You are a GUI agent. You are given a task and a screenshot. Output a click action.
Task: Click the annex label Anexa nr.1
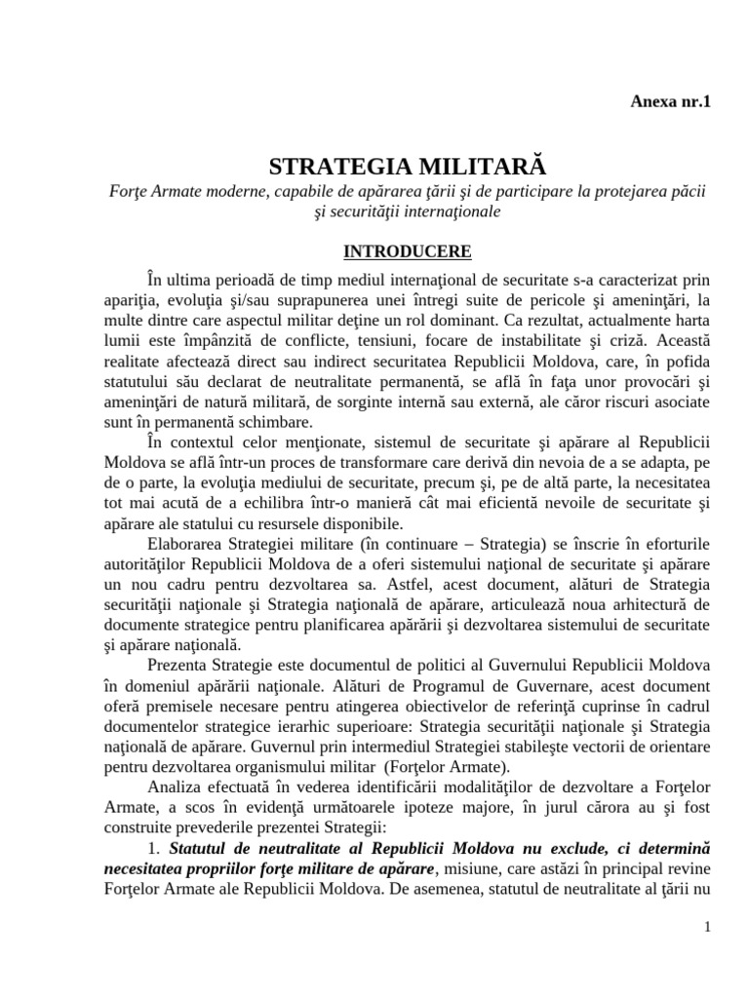click(x=672, y=101)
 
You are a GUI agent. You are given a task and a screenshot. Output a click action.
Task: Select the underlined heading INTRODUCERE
click(x=408, y=251)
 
